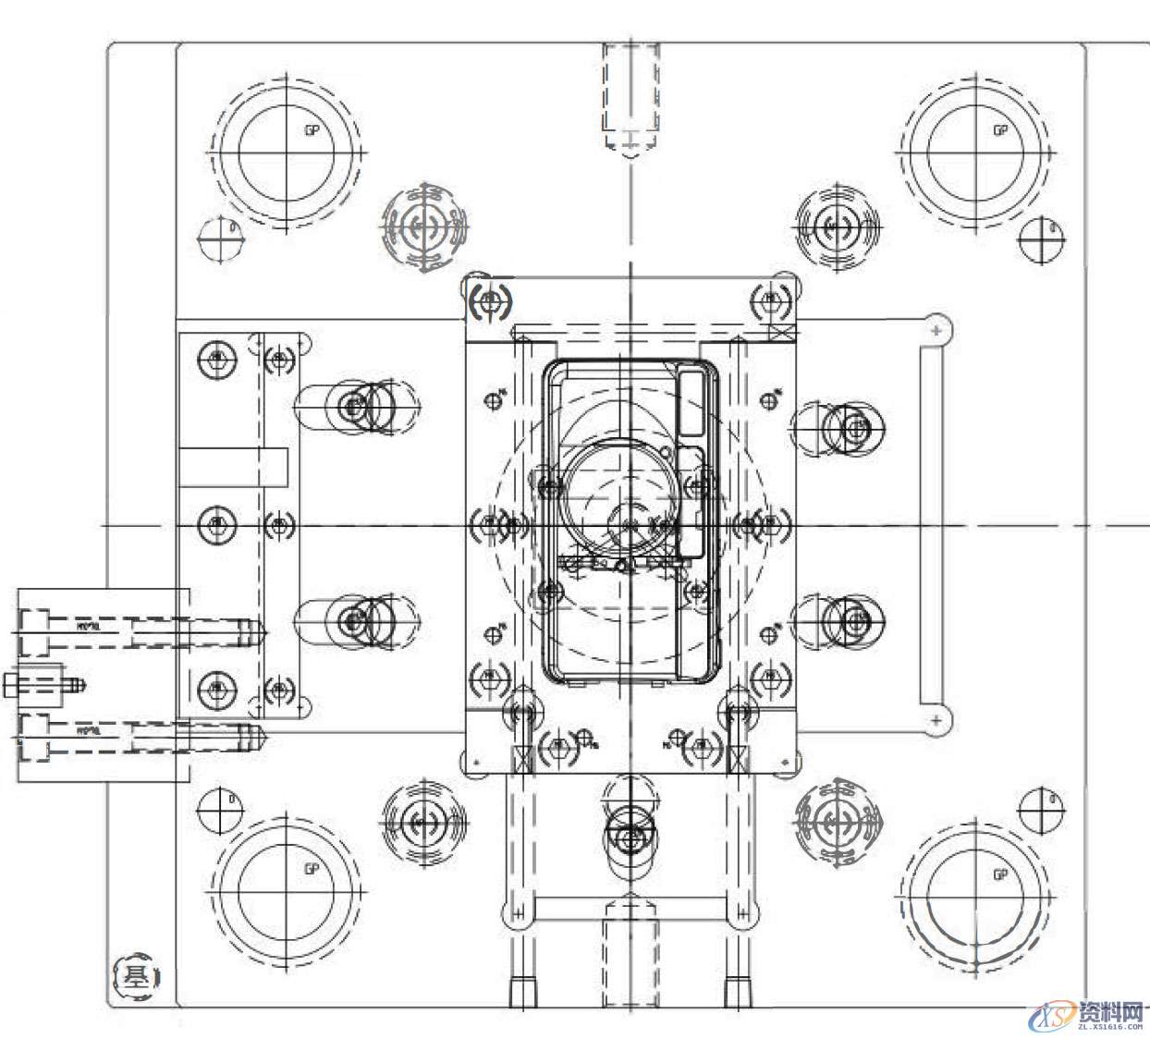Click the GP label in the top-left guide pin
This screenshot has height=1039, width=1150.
point(312,130)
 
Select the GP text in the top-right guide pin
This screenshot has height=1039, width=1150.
point(999,130)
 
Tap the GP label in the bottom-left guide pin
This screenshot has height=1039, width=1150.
point(312,869)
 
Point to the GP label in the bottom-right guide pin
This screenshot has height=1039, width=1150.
point(999,874)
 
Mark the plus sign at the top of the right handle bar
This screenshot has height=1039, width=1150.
point(936,329)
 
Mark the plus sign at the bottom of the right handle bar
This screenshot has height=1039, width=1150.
point(936,719)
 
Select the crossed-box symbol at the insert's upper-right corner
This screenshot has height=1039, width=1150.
point(781,333)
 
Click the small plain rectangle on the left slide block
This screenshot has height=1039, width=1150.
point(233,467)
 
